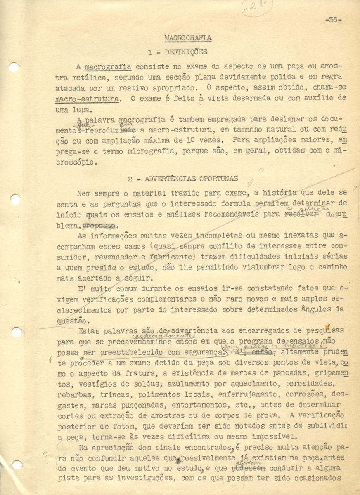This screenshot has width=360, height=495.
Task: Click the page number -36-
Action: coord(333,19)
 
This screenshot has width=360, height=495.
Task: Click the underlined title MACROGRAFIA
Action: coord(188,38)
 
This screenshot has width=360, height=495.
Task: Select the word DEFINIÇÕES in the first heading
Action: coord(186,52)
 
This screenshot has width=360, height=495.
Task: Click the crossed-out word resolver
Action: coord(302,214)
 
